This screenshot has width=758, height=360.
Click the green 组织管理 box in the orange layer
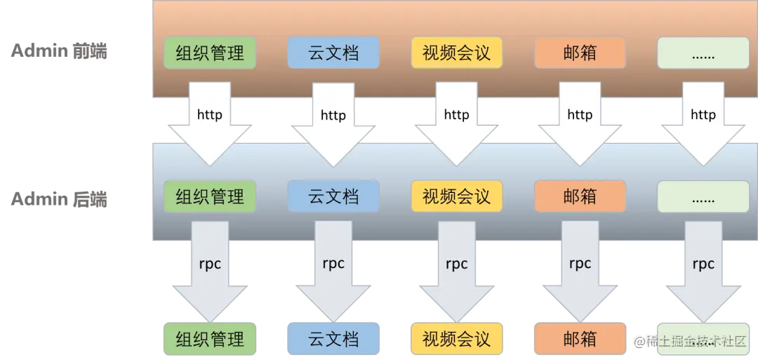[x=210, y=53]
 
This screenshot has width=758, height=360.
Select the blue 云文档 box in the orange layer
[x=333, y=53]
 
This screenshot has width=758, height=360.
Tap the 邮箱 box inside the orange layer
[x=580, y=53]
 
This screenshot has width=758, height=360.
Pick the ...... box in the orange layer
[x=703, y=53]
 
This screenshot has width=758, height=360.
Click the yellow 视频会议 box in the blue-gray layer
[x=456, y=197]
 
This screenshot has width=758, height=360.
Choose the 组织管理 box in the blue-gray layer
[x=210, y=197]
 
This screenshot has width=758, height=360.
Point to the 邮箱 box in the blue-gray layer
[x=580, y=197]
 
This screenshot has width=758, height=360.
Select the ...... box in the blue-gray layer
[x=703, y=197]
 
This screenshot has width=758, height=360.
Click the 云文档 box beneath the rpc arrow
[x=333, y=340]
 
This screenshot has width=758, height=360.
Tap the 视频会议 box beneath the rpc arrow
[x=456, y=340]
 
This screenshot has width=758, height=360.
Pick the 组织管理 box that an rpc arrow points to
[x=210, y=340]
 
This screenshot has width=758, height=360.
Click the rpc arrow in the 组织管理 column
[x=210, y=267]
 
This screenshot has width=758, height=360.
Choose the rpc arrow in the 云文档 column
[x=333, y=267]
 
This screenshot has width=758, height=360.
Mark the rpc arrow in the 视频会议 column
[x=456, y=267]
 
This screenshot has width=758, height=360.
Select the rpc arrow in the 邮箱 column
[x=580, y=267]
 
